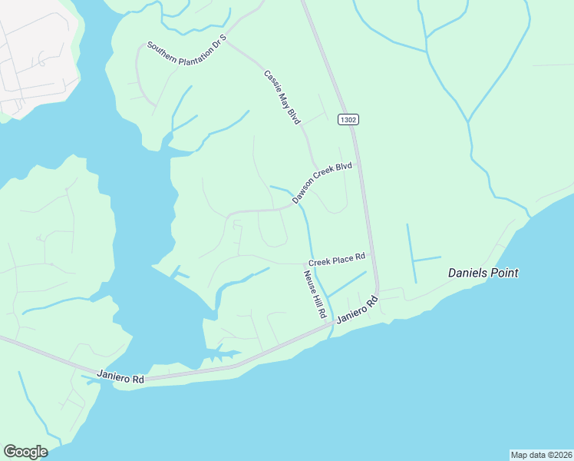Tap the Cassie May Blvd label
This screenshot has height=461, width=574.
pyautogui.click(x=282, y=98)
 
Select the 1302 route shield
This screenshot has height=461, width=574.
pyautogui.click(x=347, y=120)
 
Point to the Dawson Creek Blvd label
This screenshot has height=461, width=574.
pyautogui.click(x=322, y=182)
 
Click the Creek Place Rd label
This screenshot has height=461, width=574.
pyautogui.click(x=336, y=260)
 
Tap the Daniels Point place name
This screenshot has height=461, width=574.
pyautogui.click(x=483, y=273)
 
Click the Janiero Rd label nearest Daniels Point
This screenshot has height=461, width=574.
pyautogui.click(x=358, y=312)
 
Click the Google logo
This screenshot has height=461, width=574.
pyautogui.click(x=25, y=452)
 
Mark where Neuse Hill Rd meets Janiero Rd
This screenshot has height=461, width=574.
pyautogui.click(x=332, y=323)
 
